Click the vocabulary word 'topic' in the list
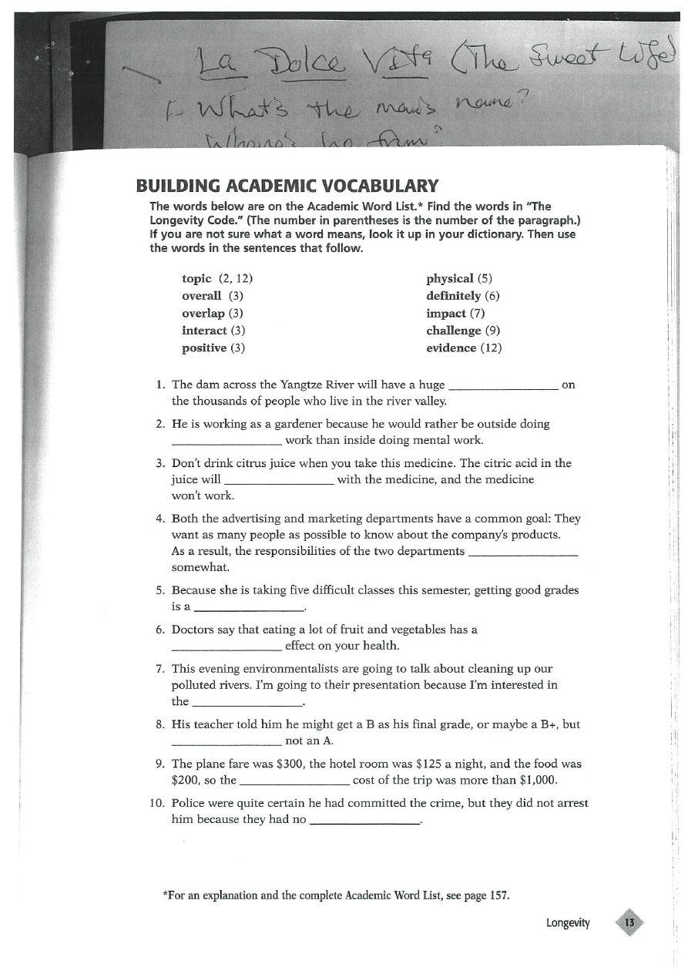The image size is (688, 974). pos(196,278)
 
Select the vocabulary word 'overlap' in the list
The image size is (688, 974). pos(203,314)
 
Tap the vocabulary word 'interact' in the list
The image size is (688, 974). pos(204,331)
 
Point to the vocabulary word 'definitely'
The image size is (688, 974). pos(453,296)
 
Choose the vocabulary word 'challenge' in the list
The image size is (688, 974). pos(453,331)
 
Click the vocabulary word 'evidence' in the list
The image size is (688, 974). pos(451,348)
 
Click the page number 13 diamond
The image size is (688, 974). pos(629,922)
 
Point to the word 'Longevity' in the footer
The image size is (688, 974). pos(568,923)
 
